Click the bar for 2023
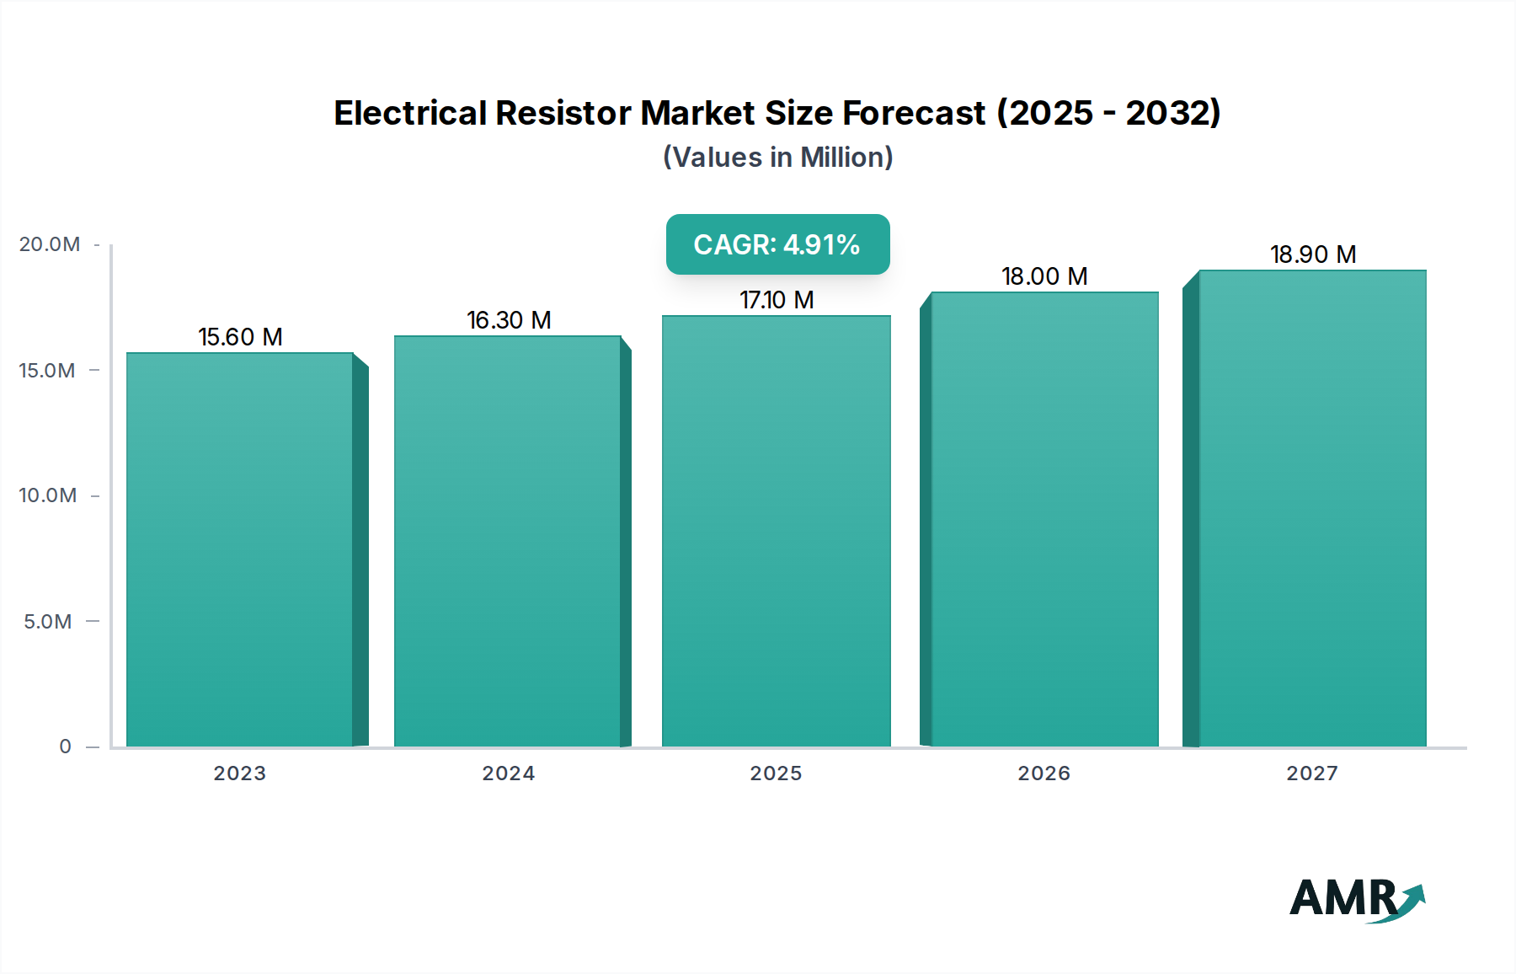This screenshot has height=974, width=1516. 240,549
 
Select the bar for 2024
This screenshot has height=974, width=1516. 508,541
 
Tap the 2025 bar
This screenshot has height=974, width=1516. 776,531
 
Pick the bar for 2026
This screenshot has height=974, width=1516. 1044,519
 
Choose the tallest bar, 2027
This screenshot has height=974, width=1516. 1312,508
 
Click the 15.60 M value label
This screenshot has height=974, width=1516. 240,337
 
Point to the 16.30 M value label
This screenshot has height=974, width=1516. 509,320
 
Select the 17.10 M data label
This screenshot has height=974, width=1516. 777,300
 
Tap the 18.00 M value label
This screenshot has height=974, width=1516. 1044,276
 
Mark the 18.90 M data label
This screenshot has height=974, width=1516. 1313,254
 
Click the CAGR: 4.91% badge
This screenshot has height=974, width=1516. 777,244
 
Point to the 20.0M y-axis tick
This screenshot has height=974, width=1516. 50,244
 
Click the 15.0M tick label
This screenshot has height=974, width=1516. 47,371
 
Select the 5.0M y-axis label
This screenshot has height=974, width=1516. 48,622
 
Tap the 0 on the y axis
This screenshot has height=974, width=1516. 65,747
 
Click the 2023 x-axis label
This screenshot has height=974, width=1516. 240,773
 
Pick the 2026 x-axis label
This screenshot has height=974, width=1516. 1044,773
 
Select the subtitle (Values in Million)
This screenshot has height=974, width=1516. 777,158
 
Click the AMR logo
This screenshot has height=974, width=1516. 1356,899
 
